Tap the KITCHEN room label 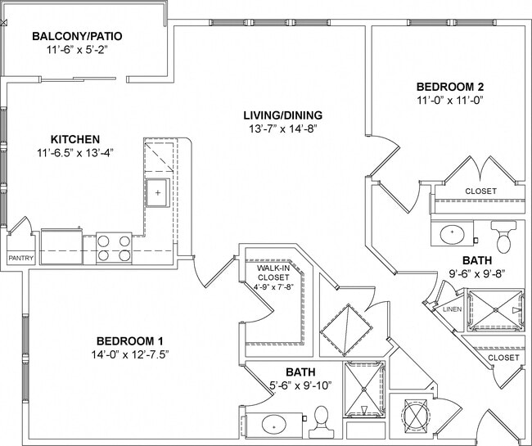[75, 139]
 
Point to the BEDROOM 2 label [450, 87]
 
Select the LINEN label [451, 309]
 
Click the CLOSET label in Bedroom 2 [480, 191]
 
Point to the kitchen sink [158, 193]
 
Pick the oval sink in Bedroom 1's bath [273, 425]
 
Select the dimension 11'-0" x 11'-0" [450, 101]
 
